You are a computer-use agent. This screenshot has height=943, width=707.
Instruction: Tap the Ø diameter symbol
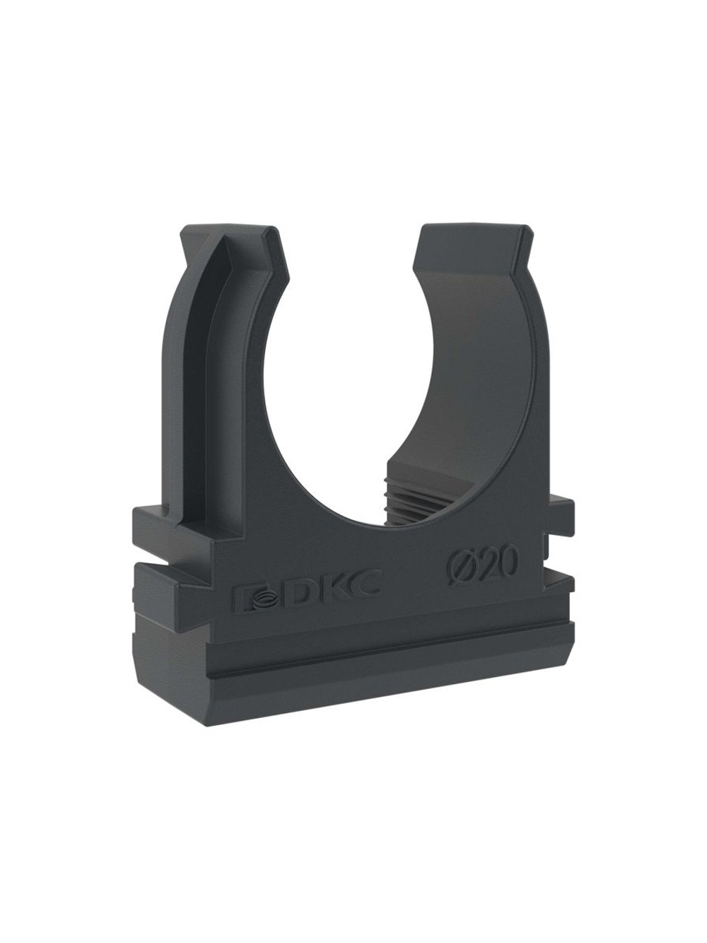[457, 569]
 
